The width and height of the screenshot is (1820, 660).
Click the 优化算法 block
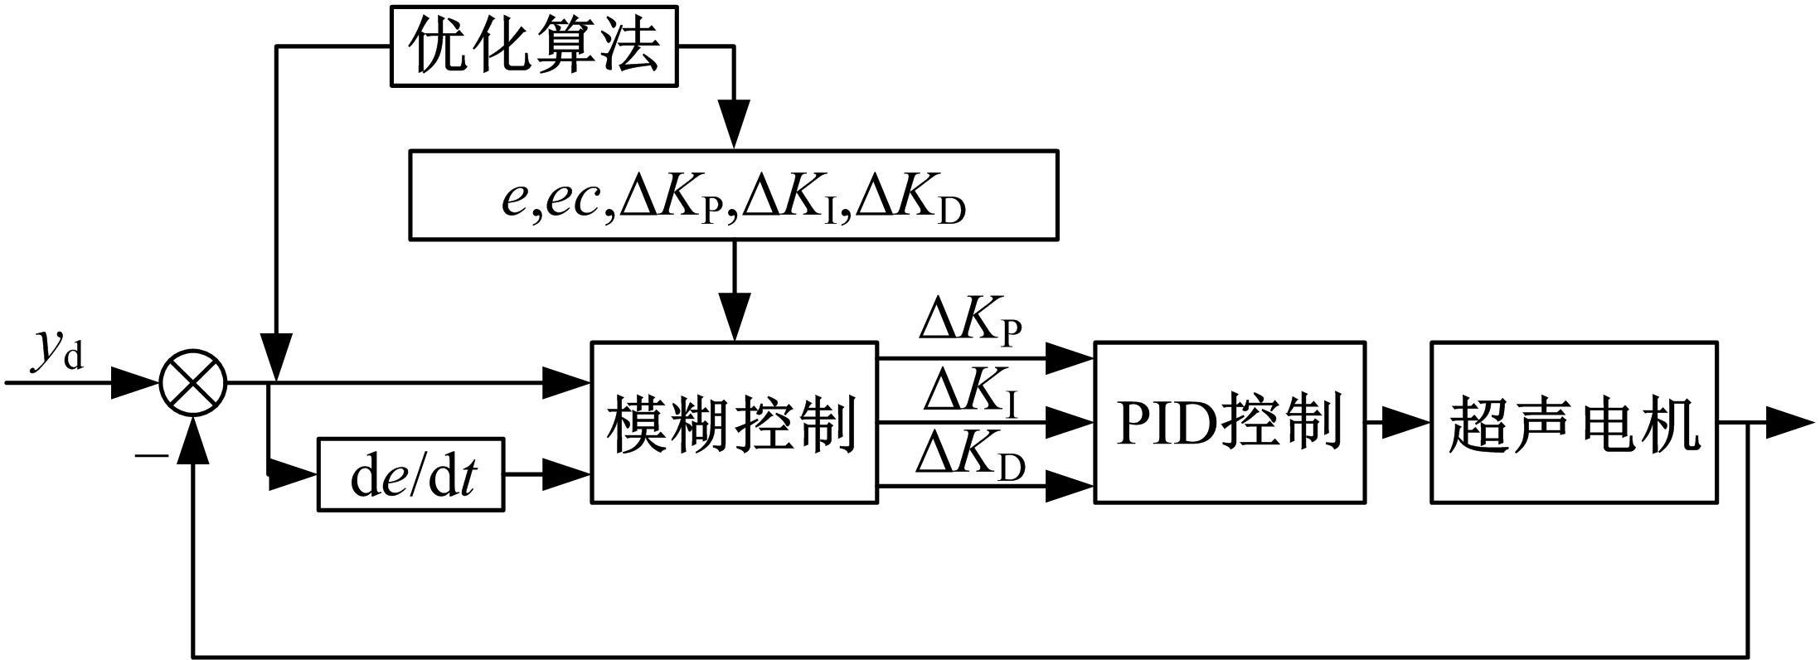click(x=534, y=46)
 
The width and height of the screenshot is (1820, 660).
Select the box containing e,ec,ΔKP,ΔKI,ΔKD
click(x=733, y=196)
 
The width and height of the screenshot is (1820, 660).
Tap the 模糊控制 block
click(x=734, y=422)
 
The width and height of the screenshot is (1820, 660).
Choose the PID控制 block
click(x=1230, y=422)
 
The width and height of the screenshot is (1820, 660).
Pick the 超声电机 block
click(x=1574, y=422)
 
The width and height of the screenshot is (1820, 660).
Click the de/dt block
click(x=411, y=476)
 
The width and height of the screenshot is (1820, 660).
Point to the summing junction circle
click(x=193, y=383)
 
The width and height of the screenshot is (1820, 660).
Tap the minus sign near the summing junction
click(x=151, y=455)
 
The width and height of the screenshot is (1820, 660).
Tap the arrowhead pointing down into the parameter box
click(x=734, y=126)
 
